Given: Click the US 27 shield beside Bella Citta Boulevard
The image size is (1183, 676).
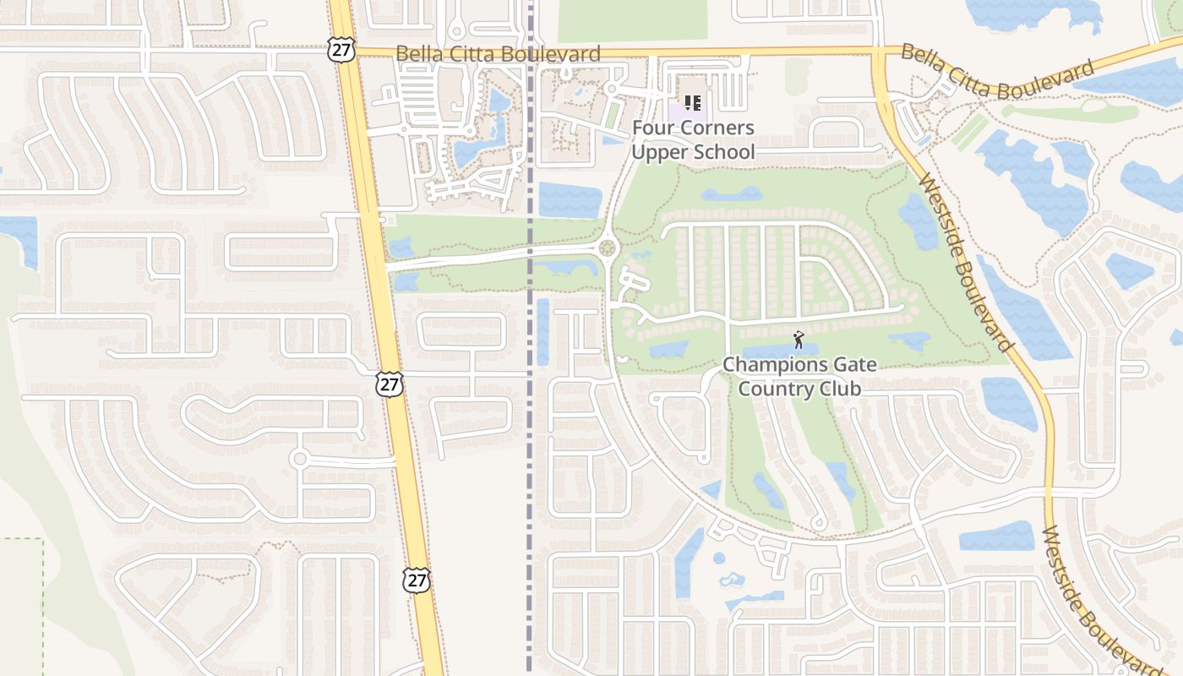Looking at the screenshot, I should [341, 49].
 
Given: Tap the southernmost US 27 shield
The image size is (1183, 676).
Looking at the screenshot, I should [417, 579].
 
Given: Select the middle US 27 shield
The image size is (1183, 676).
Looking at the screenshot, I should [390, 384].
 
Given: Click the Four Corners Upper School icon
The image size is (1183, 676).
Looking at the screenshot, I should [693, 104].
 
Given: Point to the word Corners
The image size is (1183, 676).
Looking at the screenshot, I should [720, 128].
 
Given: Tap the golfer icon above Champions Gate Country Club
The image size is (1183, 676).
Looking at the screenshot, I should [799, 340].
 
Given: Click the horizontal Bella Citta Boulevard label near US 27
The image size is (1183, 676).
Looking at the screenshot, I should [499, 54].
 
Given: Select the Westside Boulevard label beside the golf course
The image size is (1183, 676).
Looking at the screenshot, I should [965, 262].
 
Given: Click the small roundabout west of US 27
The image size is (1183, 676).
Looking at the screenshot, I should [299, 459].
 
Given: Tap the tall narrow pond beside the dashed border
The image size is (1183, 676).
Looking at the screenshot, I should [542, 332].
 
